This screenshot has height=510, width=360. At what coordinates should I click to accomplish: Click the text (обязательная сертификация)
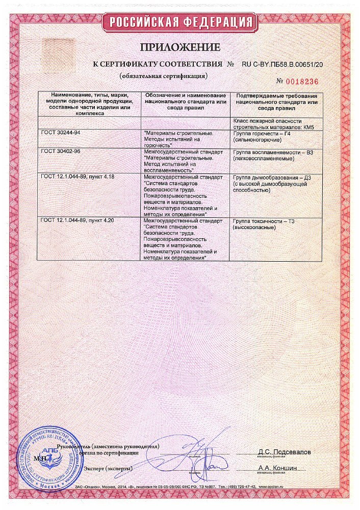[x=163, y=76]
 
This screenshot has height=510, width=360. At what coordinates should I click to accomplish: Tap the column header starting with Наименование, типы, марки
[x=89, y=105]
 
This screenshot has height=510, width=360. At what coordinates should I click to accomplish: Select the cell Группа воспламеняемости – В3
[x=273, y=155]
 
